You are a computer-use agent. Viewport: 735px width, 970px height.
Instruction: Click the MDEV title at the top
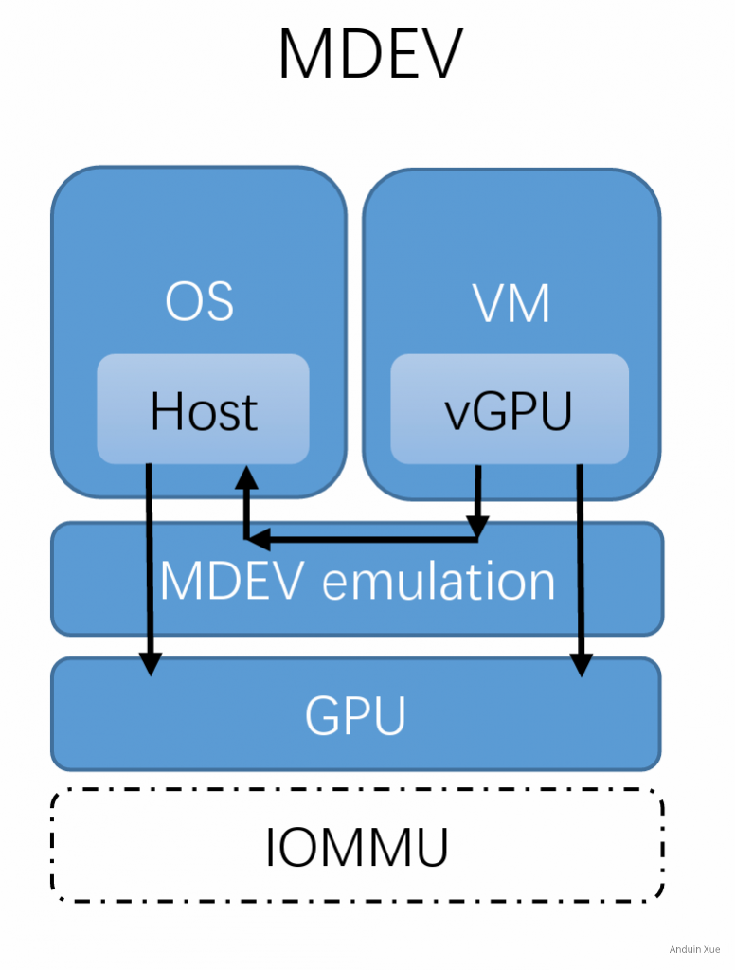pyautogui.click(x=370, y=55)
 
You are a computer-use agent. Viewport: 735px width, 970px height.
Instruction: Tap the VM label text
pyautogui.click(x=511, y=303)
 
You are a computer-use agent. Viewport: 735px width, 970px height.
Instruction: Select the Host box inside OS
pyautogui.click(x=203, y=409)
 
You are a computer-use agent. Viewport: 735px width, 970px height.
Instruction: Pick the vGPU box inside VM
pyautogui.click(x=510, y=409)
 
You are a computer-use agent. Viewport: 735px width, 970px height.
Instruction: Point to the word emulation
pyautogui.click(x=438, y=580)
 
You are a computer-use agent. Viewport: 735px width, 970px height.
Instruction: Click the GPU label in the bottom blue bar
pyautogui.click(x=355, y=715)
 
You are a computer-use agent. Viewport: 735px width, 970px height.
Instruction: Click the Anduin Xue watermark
pyautogui.click(x=694, y=949)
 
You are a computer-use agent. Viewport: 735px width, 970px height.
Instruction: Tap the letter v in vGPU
pyautogui.click(x=459, y=415)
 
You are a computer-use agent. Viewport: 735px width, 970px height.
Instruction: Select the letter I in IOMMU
pyautogui.click(x=272, y=847)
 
